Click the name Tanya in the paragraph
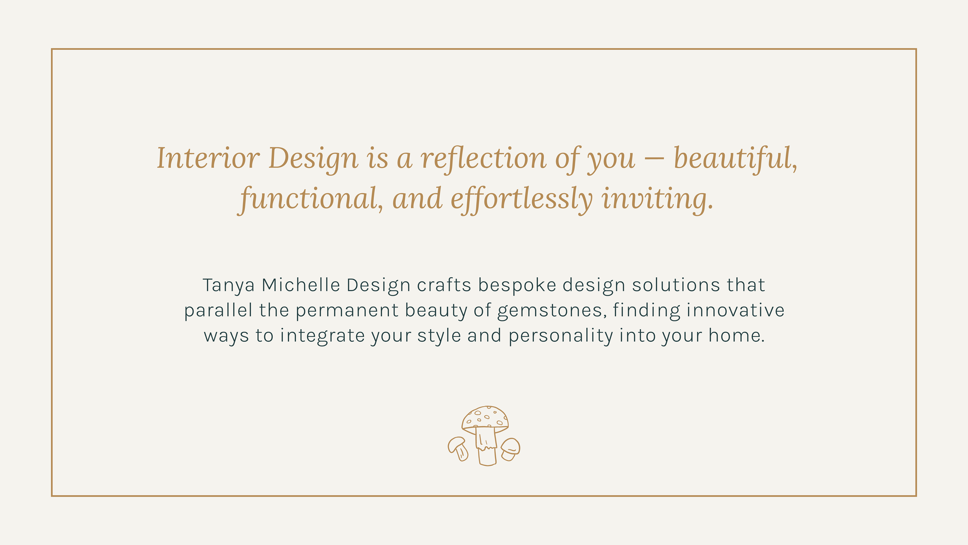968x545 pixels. [x=228, y=285]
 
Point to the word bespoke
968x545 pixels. [x=517, y=285]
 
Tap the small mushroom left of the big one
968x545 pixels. [x=458, y=448]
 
